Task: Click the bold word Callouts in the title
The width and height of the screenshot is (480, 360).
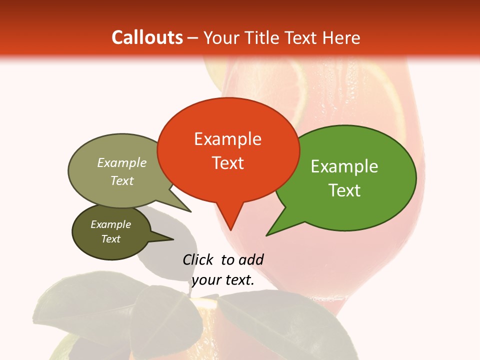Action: click(x=147, y=37)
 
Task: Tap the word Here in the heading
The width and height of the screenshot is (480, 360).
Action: click(x=342, y=37)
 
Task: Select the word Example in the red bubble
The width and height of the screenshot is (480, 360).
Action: click(x=227, y=139)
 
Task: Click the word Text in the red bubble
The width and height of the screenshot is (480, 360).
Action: click(x=227, y=163)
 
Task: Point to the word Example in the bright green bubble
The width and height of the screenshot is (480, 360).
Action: click(x=344, y=166)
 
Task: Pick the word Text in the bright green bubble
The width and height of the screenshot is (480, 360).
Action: click(x=344, y=190)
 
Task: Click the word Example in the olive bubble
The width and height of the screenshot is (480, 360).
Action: click(x=122, y=163)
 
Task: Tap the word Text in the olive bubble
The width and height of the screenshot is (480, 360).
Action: click(x=122, y=181)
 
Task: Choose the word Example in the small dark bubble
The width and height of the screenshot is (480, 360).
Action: click(x=110, y=224)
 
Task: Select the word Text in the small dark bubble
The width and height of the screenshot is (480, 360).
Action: click(x=110, y=239)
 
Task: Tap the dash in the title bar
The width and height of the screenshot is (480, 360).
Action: click(x=193, y=37)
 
